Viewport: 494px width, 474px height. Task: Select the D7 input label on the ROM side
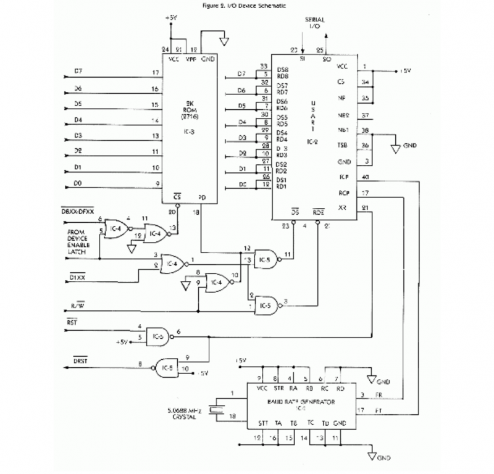pos(78,72)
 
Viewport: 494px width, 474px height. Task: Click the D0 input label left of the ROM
pos(78,183)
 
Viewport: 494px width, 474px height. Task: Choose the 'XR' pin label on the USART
pos(343,208)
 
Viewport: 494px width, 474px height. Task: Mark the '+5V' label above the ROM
pos(171,19)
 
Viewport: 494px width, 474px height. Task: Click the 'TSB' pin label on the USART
pos(342,146)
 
